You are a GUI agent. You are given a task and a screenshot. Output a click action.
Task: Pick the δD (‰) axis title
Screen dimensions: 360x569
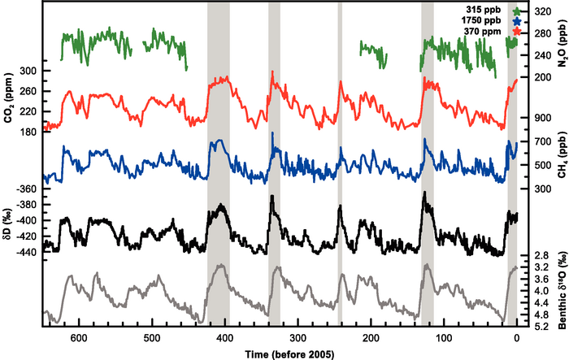9,222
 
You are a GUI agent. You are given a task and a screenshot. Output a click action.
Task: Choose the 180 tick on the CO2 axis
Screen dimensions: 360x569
29,132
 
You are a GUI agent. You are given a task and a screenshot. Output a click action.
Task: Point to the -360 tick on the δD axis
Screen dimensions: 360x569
27,189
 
